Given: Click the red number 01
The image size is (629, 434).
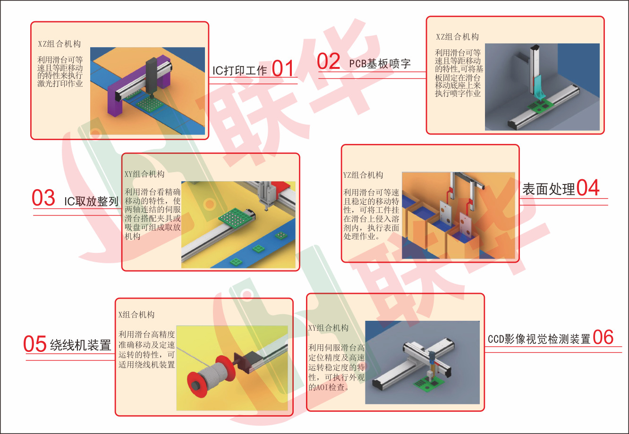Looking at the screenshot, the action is pos(283,68).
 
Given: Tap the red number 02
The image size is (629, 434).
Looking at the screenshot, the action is pos(328,61).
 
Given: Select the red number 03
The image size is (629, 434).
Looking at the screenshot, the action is pos(43,198).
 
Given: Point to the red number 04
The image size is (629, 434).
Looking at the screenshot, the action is pos(588,187).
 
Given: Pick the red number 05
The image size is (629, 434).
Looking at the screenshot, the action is pos(35,344).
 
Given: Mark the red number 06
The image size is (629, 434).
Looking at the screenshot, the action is pos(603,337).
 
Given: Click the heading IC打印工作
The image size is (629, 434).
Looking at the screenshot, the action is pos(239,70).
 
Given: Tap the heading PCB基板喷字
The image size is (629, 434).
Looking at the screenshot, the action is pos(380,64).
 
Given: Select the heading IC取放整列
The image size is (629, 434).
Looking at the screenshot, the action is pos(91,201).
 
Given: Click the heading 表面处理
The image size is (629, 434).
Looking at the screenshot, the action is pos(549,189).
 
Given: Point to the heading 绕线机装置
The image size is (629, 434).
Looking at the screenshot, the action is pos(81,345).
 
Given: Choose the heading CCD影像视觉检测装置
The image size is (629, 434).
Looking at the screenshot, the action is pos(539,339).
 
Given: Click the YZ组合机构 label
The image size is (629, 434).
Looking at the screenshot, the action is pos(363,175).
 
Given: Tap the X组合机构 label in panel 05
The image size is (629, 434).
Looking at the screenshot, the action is pos(136,315).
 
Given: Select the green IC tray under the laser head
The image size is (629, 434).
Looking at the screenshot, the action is pos(150,103).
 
